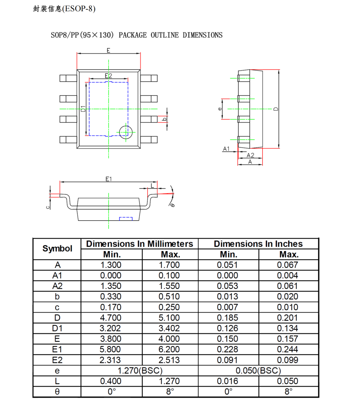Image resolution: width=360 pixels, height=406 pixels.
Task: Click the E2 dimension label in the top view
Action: pyautogui.click(x=108, y=76)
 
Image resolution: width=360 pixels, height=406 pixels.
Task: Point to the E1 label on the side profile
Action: pyautogui.click(x=109, y=179)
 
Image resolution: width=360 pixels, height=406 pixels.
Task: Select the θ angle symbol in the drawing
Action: pyautogui.click(x=172, y=205)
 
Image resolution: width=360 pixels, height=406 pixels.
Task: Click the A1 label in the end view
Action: pyautogui.click(x=226, y=149)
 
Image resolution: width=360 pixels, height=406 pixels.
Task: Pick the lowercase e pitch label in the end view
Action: pyautogui.click(x=219, y=109)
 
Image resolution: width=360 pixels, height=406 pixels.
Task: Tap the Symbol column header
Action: pyautogui.click(x=57, y=249)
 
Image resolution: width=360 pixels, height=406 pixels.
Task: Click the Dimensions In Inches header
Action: pyautogui.click(x=258, y=244)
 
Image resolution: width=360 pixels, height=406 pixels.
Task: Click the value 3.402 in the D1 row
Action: pyautogui.click(x=170, y=328)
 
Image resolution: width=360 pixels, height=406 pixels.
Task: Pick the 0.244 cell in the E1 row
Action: pyautogui.click(x=287, y=349)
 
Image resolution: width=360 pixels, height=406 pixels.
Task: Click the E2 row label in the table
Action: pyautogui.click(x=57, y=360)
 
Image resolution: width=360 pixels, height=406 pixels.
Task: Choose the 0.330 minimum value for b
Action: pyautogui.click(x=111, y=297)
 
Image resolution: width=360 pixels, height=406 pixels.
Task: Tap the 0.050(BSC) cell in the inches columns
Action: pyautogui.click(x=258, y=371)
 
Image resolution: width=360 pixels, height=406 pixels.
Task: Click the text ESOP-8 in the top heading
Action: pyautogui.click(x=79, y=9)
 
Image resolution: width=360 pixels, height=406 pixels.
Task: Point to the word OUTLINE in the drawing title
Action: pyautogui.click(x=165, y=35)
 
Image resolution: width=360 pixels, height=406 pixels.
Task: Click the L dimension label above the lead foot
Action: pyautogui.click(x=153, y=186)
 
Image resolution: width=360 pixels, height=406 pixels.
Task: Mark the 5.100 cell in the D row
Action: pyautogui.click(x=170, y=318)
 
